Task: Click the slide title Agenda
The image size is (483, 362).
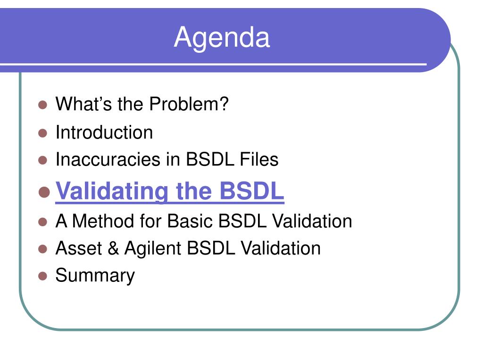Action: click(x=222, y=38)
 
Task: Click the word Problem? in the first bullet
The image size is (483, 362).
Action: click(x=189, y=104)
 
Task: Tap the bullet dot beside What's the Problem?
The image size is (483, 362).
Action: click(x=42, y=105)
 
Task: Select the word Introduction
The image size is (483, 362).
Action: click(x=104, y=132)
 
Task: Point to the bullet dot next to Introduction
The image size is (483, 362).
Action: click(x=42, y=133)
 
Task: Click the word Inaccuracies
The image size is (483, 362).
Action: click(x=108, y=159)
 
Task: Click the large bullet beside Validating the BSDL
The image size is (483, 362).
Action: click(x=44, y=192)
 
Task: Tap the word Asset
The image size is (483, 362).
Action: click(x=79, y=248)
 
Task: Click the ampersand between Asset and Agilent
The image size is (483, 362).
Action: click(x=113, y=248)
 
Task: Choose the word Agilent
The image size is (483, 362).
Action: click(x=153, y=249)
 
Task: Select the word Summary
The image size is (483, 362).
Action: click(x=95, y=276)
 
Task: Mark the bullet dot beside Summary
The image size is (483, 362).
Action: click(x=42, y=276)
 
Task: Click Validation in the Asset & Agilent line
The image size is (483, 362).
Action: click(x=281, y=248)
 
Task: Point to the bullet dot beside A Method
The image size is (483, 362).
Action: click(x=42, y=222)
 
